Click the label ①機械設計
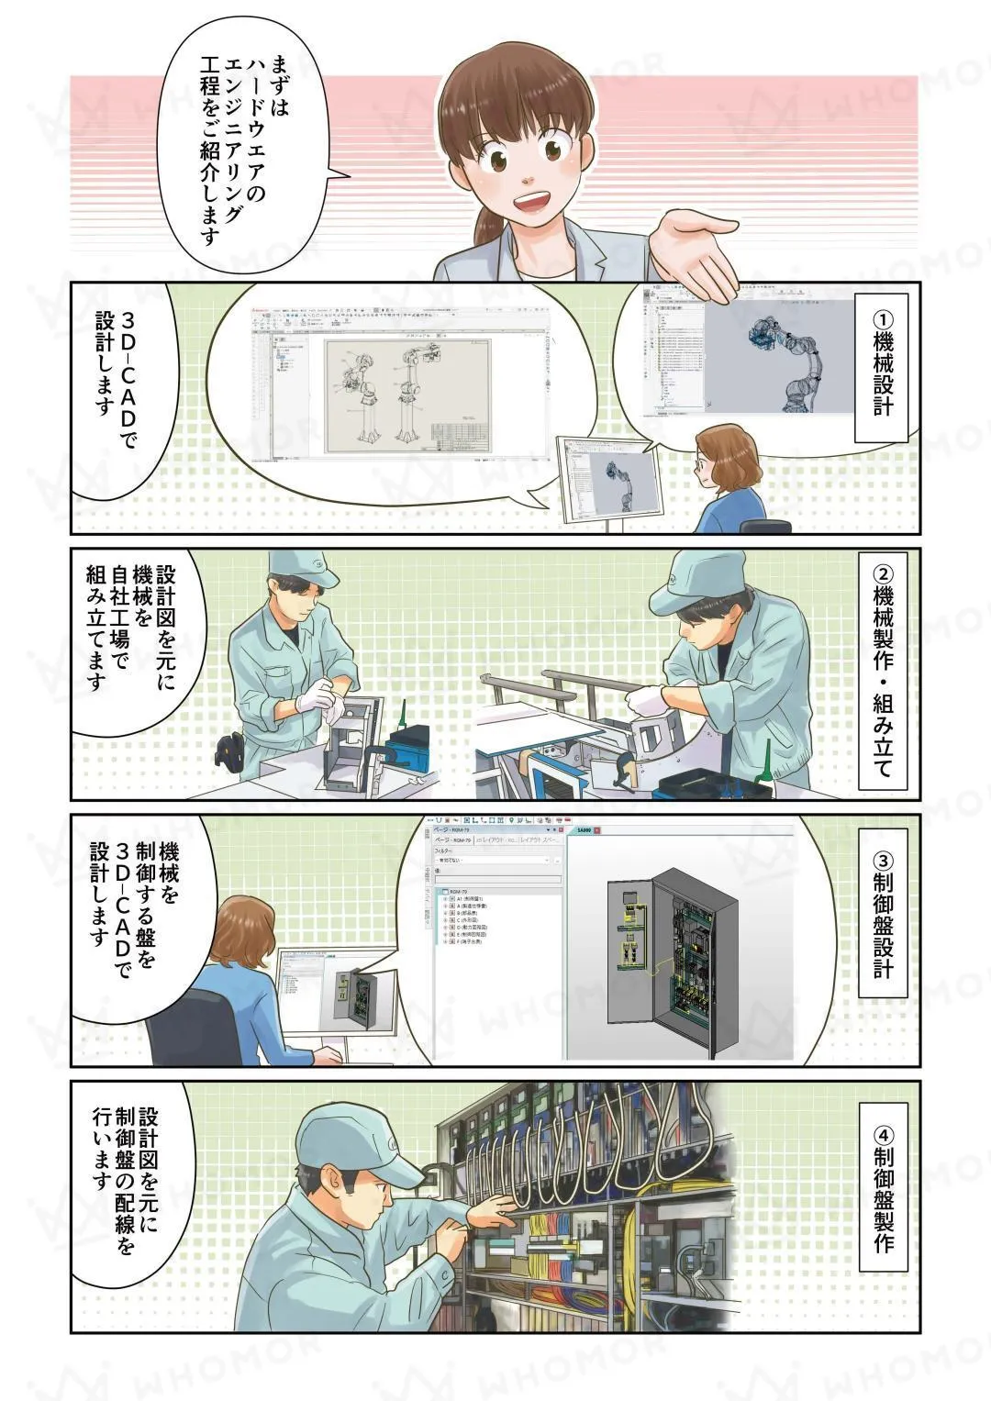pyautogui.click(x=881, y=367)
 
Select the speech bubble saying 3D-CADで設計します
pyautogui.click(x=119, y=385)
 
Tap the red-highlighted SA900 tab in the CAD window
pyautogui.click(x=584, y=830)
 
